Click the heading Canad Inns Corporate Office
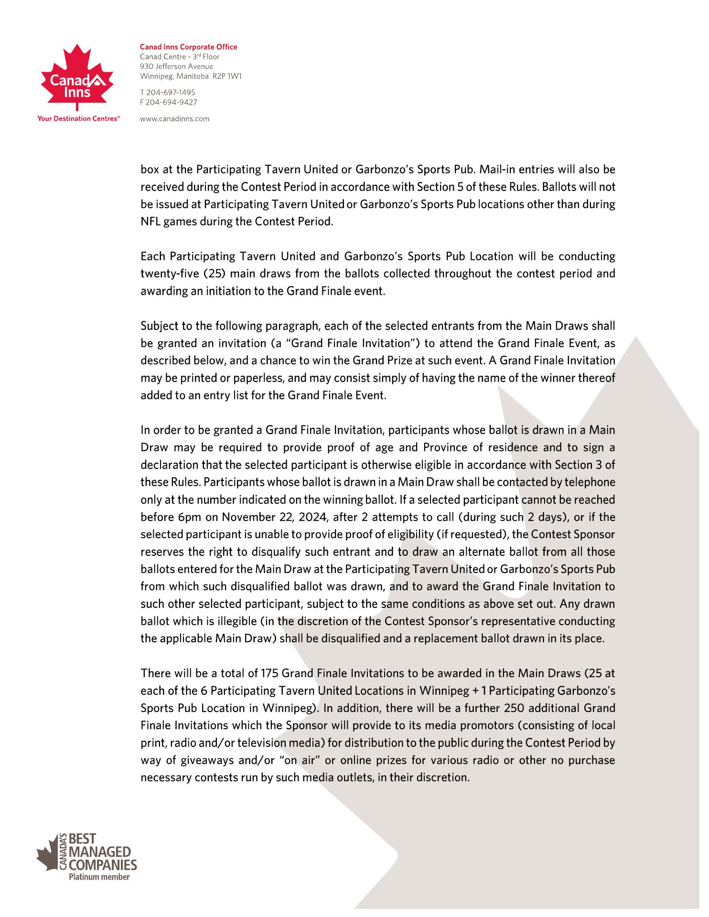point(188,47)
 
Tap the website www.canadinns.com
point(174,119)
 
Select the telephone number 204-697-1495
point(171,92)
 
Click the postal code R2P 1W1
point(227,76)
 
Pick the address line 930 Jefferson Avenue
point(176,66)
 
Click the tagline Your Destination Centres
point(78,119)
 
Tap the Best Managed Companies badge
point(86,855)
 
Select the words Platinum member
point(99,877)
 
